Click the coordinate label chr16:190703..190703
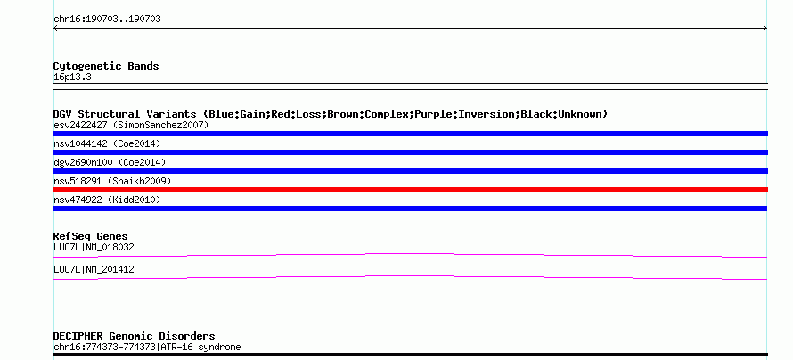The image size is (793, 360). [107, 20]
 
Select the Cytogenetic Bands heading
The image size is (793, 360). [106, 66]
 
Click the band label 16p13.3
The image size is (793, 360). [72, 78]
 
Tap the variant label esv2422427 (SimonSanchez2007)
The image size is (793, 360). [131, 125]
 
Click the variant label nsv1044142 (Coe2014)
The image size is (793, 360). [107, 143]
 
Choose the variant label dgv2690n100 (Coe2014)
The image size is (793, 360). [110, 162]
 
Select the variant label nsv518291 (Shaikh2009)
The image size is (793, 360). [112, 181]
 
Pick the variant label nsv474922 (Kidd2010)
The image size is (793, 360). [107, 200]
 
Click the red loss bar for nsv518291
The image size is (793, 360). [410, 190]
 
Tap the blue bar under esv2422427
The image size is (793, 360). [410, 134]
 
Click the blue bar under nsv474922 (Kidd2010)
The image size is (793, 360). [410, 209]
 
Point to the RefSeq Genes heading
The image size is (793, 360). [91, 236]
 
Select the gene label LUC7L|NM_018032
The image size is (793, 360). [94, 247]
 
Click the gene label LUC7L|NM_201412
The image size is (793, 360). [94, 269]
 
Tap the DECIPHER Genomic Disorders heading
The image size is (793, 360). [134, 336]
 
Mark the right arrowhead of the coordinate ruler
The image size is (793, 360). [766, 29]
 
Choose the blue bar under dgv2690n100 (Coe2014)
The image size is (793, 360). [410, 171]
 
